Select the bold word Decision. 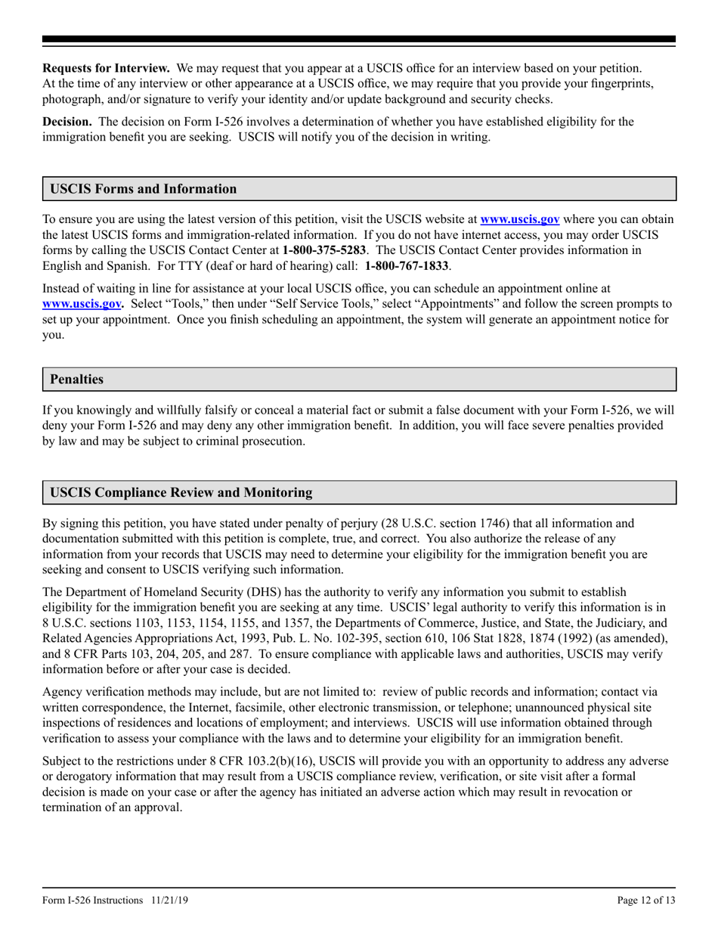[68, 122]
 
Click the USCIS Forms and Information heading [143, 189]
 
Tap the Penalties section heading [76, 379]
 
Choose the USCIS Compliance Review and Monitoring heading [181, 493]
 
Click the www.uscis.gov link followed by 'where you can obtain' [520, 220]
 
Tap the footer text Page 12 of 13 [646, 901]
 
